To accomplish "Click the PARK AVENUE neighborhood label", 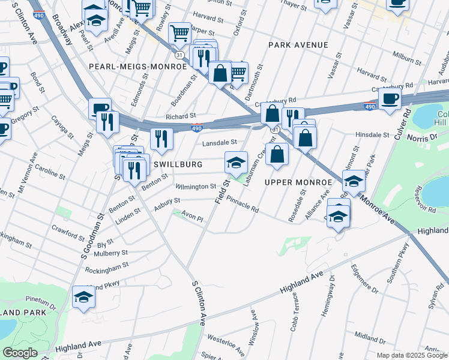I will tap(298, 45).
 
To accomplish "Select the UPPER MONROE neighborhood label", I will tap(298, 182).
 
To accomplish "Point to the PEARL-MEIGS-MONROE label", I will tap(138, 67).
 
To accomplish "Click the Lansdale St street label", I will tap(219, 142).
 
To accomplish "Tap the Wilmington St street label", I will tap(196, 187).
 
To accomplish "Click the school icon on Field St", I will tap(236, 162).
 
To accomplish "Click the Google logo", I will tap(20, 353).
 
